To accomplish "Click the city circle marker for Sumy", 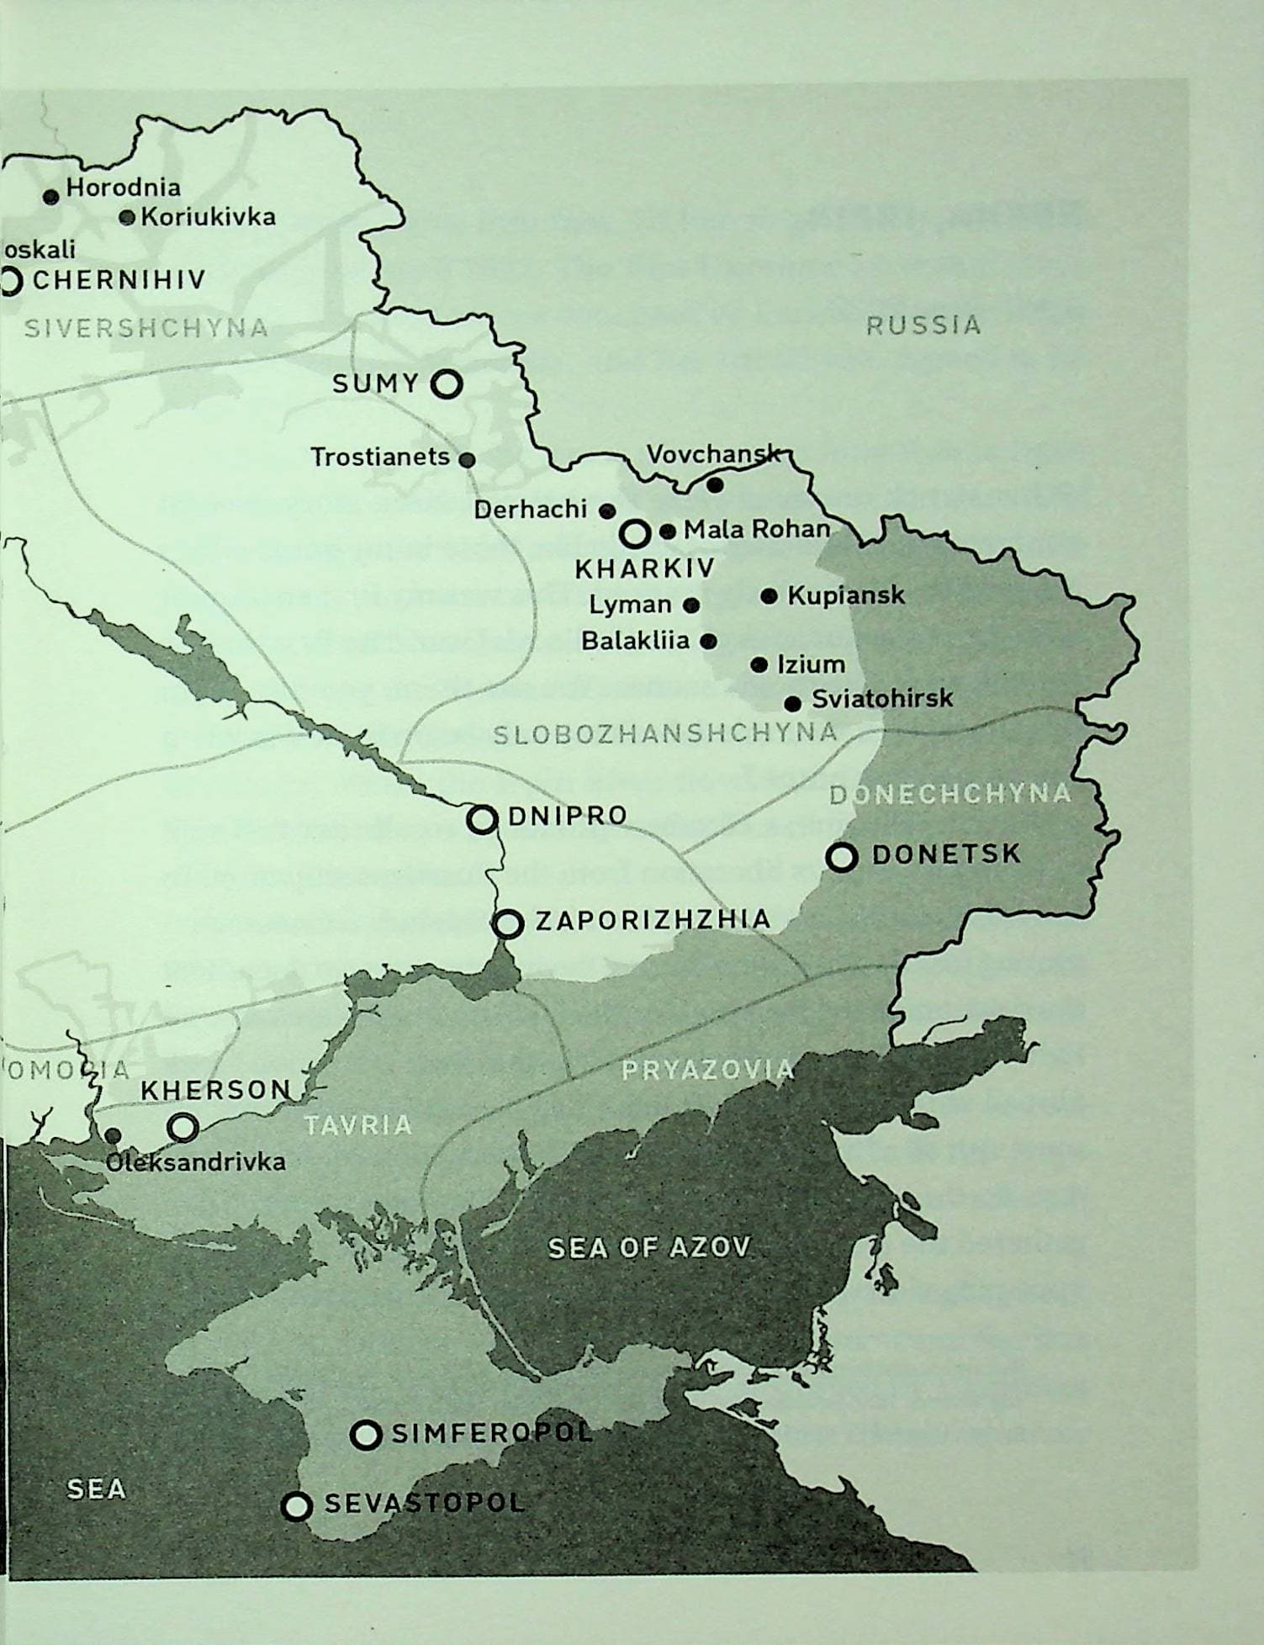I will (447, 384).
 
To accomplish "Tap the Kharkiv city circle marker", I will (635, 533).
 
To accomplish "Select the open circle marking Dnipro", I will (482, 818).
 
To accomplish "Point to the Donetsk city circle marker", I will (842, 857).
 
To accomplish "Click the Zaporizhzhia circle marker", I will (508, 923).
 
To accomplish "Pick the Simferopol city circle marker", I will (366, 1435).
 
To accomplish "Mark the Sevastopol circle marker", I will (296, 1506).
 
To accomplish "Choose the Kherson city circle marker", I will (182, 1127).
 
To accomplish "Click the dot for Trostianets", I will (468, 459).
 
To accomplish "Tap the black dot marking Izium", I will (759, 665).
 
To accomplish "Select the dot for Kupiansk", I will (769, 596).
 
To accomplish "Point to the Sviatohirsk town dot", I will (793, 702).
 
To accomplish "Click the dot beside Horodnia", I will (50, 197).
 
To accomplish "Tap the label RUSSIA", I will (923, 325).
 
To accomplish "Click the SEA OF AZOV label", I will (648, 1247).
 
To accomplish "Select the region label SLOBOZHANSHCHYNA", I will (665, 734).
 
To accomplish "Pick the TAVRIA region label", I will (358, 1125).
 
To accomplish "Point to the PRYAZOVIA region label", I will (707, 1070).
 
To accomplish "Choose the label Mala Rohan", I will (756, 530).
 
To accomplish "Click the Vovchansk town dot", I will (715, 485).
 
